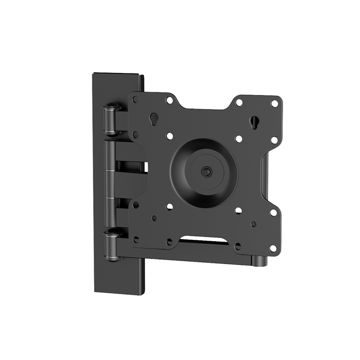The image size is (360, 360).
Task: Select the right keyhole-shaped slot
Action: pos(254,121)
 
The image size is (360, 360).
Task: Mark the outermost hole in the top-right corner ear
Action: pos(274,103)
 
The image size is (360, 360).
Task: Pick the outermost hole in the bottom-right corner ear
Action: pos(272,248)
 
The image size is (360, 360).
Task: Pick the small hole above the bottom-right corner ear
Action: pos(254,224)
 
